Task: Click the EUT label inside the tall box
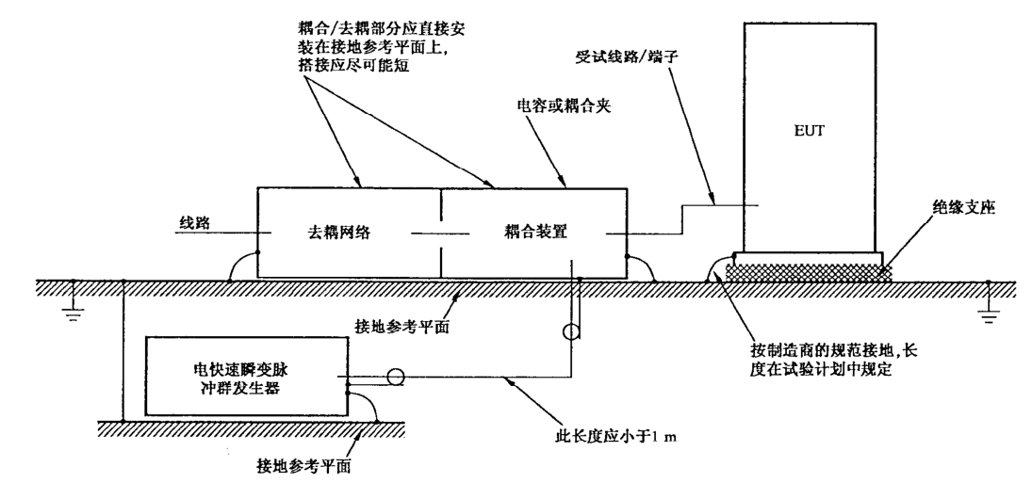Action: (809, 131)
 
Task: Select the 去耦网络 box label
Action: (339, 232)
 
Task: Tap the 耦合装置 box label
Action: (536, 232)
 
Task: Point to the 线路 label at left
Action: (195, 223)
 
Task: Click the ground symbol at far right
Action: (988, 301)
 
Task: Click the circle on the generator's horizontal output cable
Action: (395, 378)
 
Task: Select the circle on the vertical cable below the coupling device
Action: (570, 331)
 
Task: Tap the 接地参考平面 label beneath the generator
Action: (303, 467)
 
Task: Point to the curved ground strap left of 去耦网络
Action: (242, 266)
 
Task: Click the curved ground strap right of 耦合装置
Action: (641, 268)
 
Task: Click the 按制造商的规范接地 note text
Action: (833, 360)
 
